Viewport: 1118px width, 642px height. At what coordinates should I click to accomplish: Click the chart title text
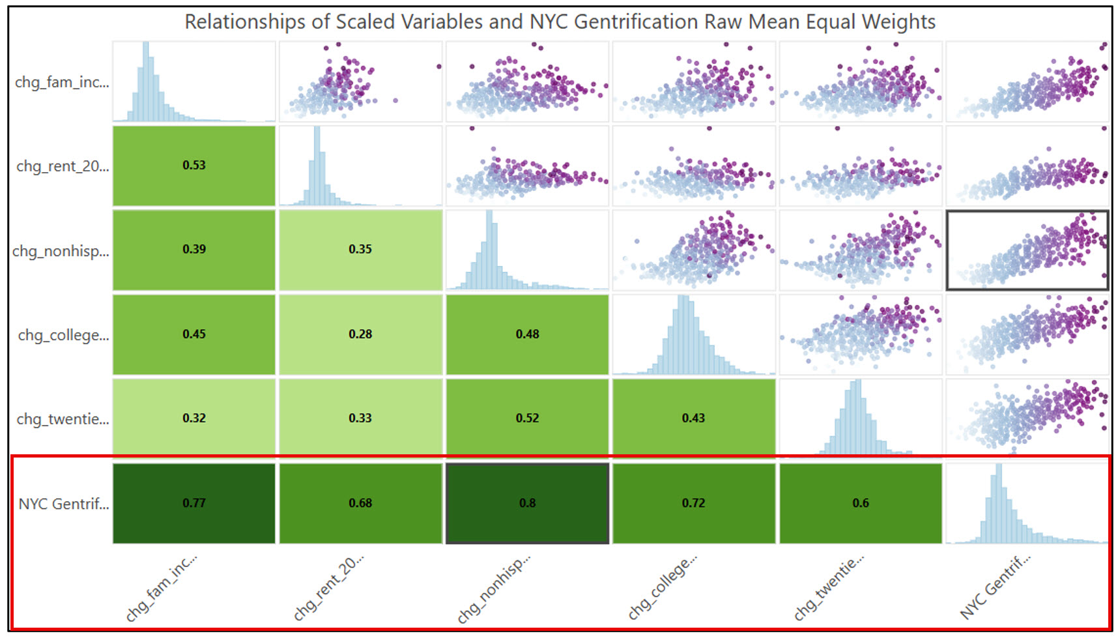click(560, 22)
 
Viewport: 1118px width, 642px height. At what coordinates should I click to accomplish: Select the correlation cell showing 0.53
click(194, 166)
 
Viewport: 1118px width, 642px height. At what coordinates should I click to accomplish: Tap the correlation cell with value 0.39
click(194, 250)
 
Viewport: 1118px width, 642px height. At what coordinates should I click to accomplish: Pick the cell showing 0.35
click(360, 250)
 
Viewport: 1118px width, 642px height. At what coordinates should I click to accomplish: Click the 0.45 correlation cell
click(194, 334)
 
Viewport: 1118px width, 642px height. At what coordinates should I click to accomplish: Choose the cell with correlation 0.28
click(360, 334)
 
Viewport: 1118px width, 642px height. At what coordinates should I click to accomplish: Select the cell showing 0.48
click(527, 334)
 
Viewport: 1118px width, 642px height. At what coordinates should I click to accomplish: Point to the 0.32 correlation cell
click(194, 418)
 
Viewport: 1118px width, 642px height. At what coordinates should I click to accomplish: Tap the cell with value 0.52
click(527, 418)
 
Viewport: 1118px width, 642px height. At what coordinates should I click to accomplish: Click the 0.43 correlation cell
click(694, 418)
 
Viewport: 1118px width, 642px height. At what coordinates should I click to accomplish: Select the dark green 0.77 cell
click(194, 503)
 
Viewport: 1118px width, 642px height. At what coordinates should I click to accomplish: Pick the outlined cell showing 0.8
click(527, 503)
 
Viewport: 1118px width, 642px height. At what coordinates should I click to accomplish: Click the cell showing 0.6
click(861, 503)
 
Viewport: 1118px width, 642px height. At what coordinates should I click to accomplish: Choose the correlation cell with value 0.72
click(694, 503)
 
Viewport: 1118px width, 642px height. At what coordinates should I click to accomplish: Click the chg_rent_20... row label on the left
click(63, 166)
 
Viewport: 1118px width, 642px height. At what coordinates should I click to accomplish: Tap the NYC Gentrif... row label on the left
click(64, 504)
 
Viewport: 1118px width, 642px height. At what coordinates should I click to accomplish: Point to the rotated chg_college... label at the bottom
click(663, 588)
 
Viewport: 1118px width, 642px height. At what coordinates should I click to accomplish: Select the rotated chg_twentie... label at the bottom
click(829, 588)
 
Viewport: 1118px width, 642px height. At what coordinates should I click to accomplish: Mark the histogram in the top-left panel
click(194, 81)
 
